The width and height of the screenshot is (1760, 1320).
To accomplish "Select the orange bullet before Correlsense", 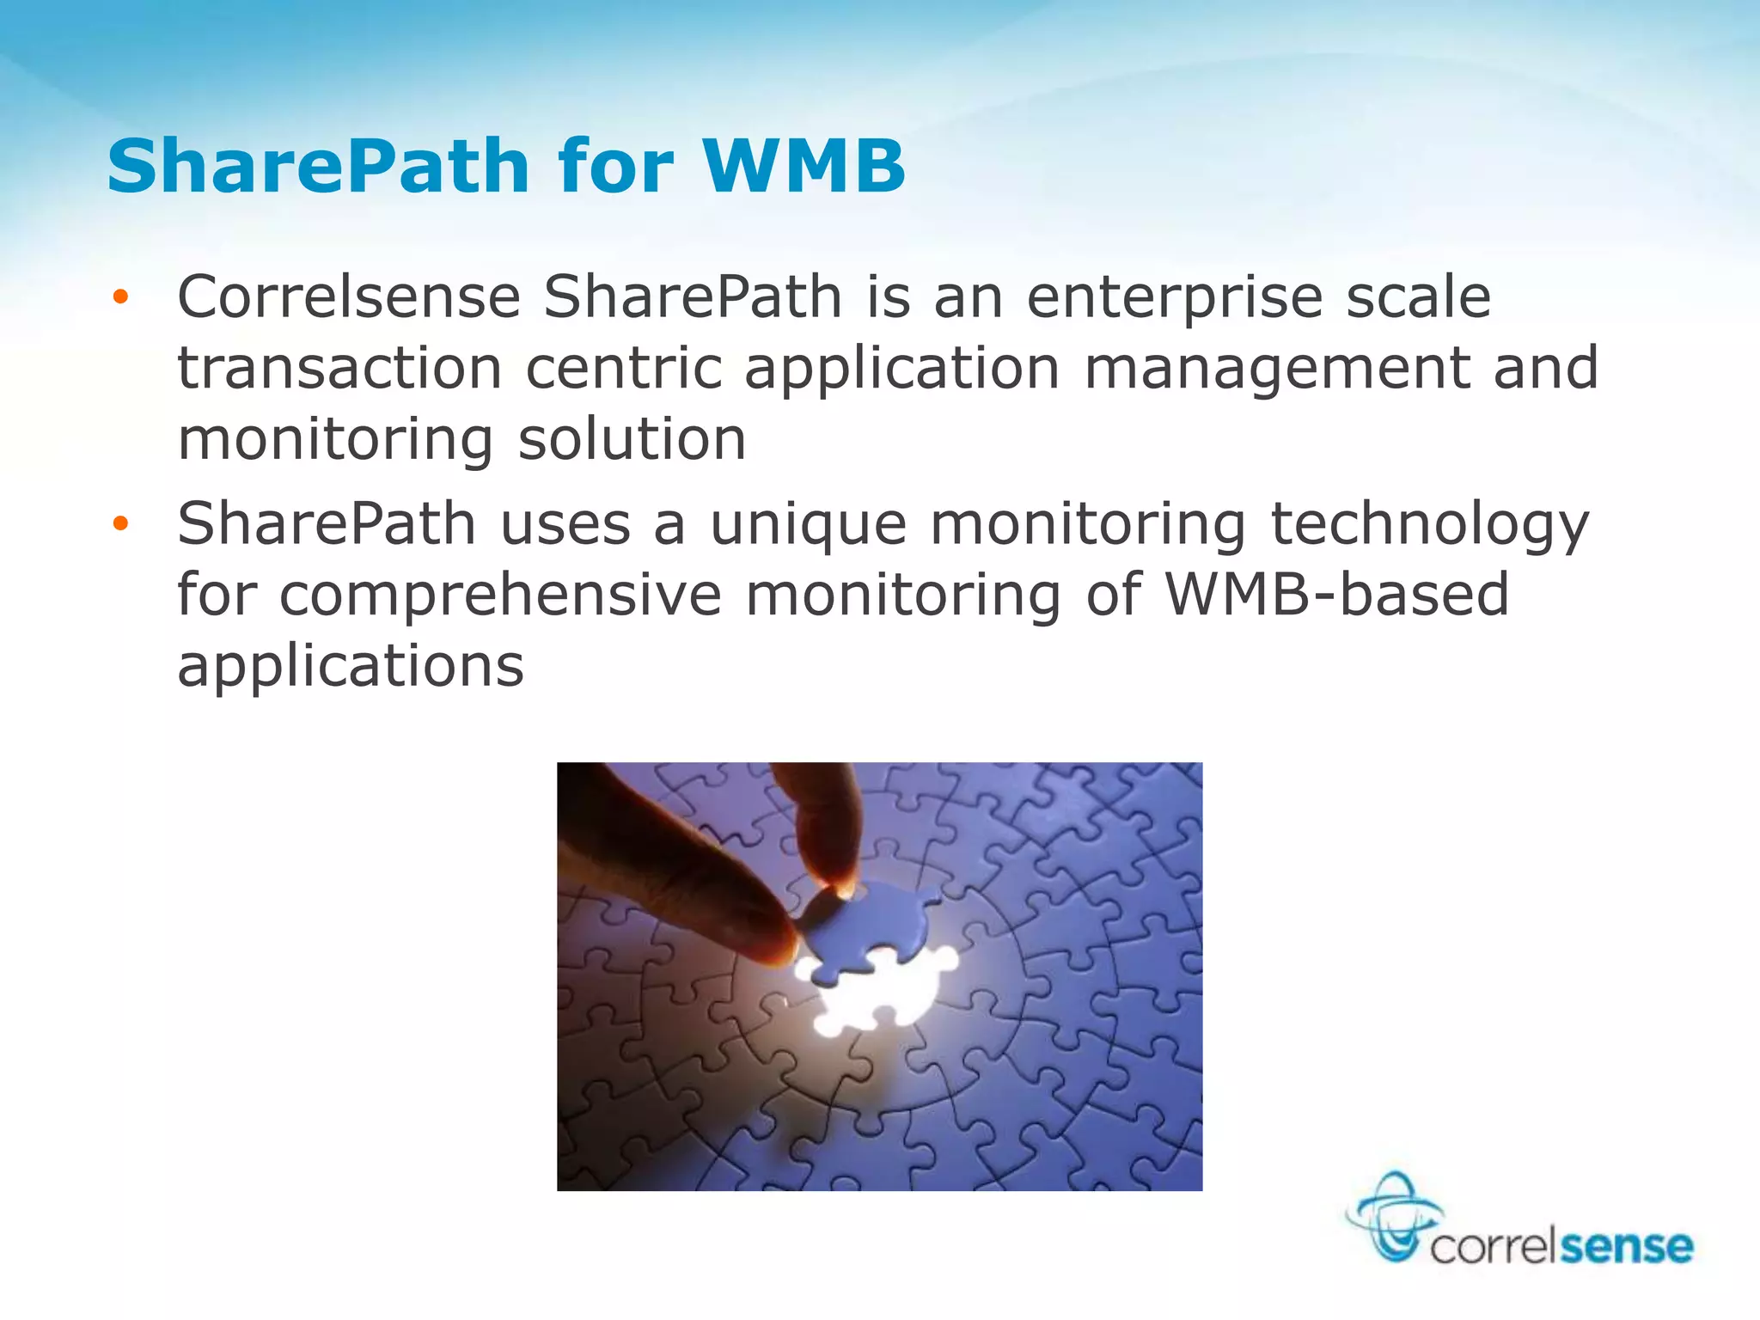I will pyautogui.click(x=120, y=297).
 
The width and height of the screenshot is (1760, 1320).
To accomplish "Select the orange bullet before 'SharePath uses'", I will pyautogui.click(x=120, y=523).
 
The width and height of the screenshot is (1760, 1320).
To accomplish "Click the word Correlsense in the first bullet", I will pyautogui.click(x=349, y=297).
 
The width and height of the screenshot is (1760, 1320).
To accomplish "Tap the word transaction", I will pyautogui.click(x=339, y=368).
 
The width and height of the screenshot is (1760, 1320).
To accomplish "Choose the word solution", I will pyautogui.click(x=632, y=439).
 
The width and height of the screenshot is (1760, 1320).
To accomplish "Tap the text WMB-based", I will pyautogui.click(x=1337, y=594).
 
